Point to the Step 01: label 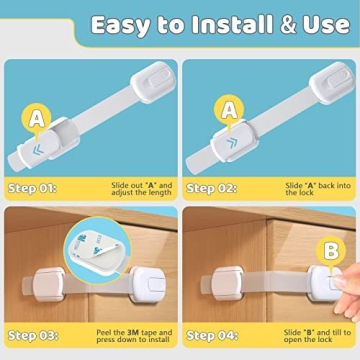(x=32, y=186)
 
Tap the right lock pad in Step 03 (x=146, y=288)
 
